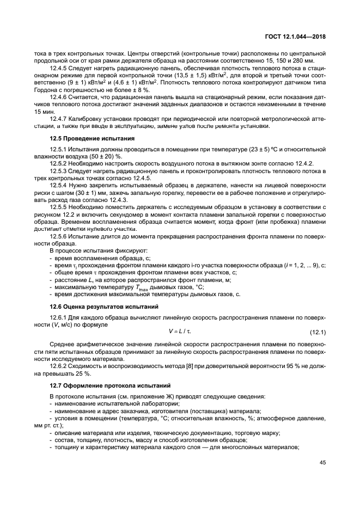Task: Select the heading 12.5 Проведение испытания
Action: coord(91,138)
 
